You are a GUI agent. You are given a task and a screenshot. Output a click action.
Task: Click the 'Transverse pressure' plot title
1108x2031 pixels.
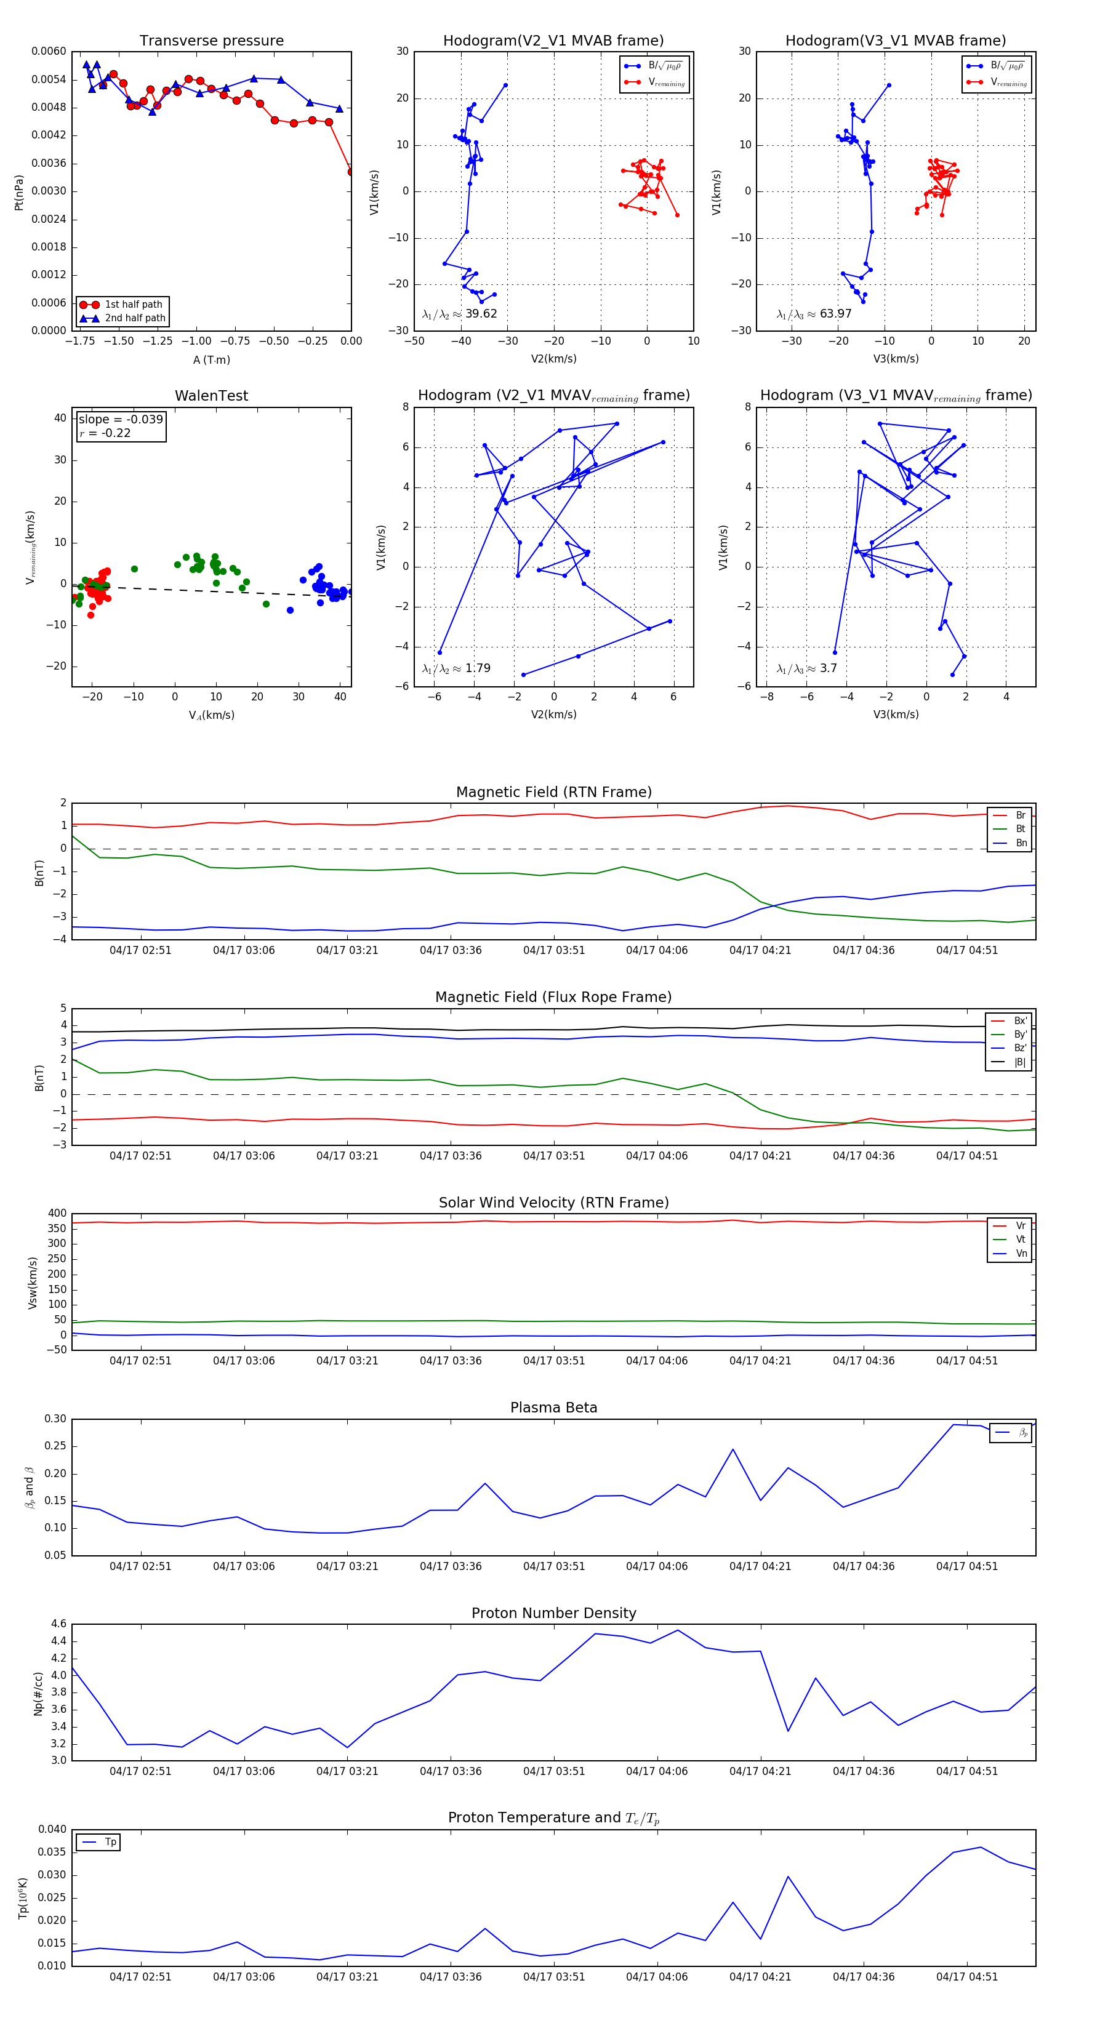(211, 41)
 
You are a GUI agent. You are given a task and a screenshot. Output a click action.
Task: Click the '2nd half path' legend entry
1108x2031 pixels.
(135, 319)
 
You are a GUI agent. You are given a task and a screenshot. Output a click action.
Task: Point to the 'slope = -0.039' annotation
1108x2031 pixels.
(121, 420)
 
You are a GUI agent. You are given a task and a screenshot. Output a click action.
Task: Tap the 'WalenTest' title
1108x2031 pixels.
(211, 396)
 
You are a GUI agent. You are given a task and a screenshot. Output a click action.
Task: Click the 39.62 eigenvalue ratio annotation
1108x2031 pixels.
(460, 314)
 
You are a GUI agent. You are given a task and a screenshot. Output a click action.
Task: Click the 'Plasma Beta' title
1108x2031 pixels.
(553, 1408)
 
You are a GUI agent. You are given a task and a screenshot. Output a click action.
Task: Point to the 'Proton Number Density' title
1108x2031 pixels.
(553, 1613)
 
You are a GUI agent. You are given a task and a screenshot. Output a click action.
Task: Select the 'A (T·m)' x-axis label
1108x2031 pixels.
(211, 359)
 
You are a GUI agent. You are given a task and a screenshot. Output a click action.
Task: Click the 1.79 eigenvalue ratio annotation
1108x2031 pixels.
(457, 668)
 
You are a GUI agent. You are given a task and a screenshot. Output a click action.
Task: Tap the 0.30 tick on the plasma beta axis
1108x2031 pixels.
(55, 1419)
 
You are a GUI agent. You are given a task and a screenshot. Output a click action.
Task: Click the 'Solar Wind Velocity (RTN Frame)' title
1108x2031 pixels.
(553, 1203)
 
